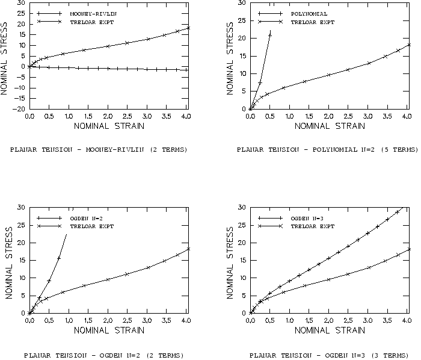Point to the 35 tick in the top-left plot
[x=22, y=3]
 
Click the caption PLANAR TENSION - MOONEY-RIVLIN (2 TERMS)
[x=99, y=149]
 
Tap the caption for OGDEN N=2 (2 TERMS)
[x=103, y=355]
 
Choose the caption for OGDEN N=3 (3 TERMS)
[x=327, y=355]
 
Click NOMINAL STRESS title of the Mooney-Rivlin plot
[x=5, y=56]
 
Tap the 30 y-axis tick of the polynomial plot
[x=242, y=3]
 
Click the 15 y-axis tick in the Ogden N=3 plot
[x=242, y=260]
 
